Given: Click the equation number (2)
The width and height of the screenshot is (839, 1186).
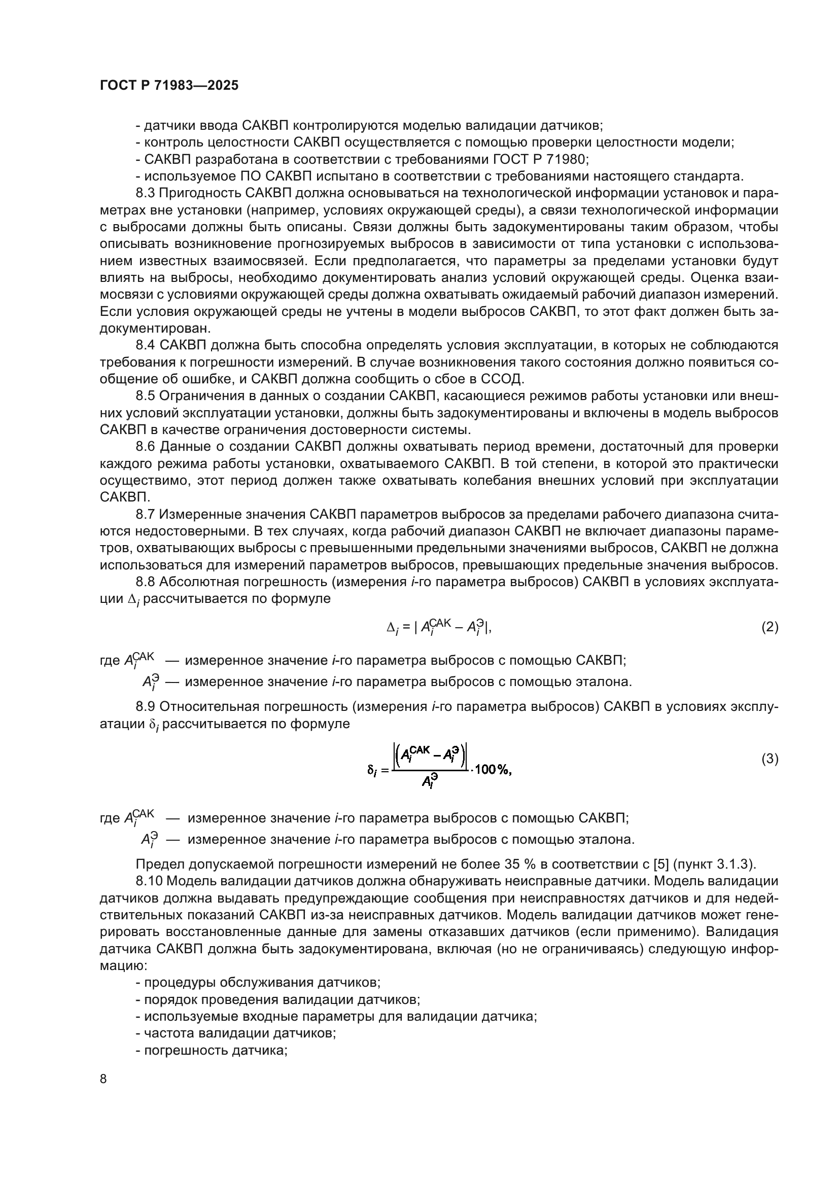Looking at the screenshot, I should click(x=770, y=627).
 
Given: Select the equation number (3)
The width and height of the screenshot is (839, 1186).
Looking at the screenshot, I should click(x=770, y=759).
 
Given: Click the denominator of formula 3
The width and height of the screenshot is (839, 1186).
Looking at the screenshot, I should click(x=428, y=782).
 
